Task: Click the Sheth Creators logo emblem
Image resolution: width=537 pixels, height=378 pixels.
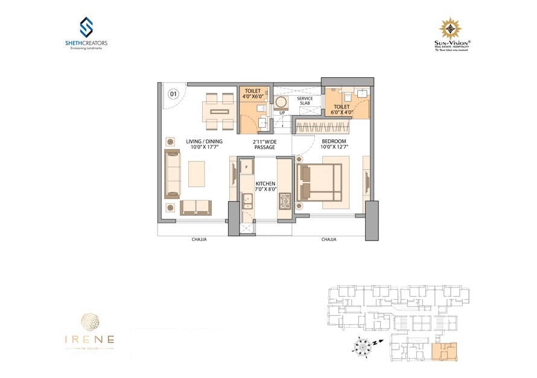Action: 86,27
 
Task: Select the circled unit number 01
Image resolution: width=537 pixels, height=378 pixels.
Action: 173,93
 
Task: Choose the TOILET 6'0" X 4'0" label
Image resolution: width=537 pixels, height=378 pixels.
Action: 340,110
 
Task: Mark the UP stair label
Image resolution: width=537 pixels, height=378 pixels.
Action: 282,113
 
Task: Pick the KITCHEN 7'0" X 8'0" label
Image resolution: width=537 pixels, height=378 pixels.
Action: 265,186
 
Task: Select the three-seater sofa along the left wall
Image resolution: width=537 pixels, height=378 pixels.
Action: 172,174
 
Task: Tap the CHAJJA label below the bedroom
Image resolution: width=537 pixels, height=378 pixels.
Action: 329,239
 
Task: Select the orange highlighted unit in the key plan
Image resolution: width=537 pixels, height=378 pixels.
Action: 445,351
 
